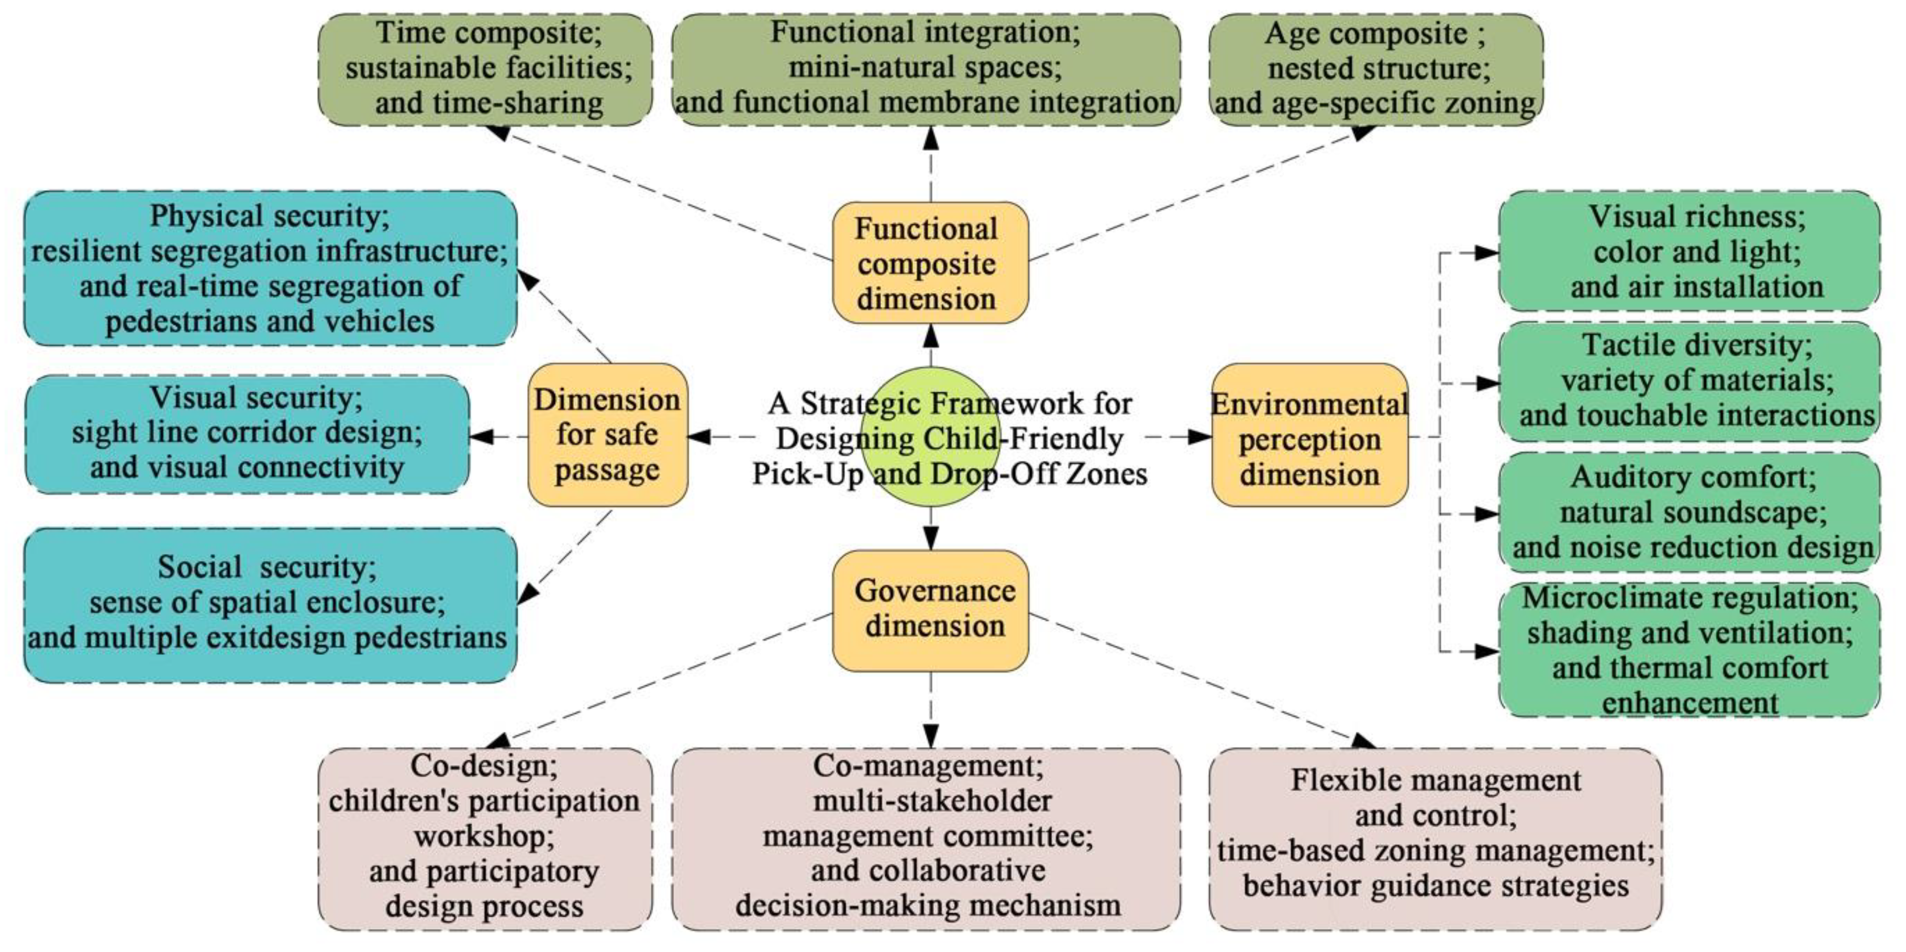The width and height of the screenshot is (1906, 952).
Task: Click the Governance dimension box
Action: [x=930, y=610]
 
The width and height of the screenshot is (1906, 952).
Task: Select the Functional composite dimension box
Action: [x=930, y=262]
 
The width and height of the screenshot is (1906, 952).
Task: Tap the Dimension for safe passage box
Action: [x=607, y=435]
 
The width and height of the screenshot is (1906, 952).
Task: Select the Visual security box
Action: [x=247, y=434]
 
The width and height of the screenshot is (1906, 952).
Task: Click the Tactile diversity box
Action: [x=1689, y=381]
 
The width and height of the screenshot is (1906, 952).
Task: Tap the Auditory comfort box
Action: [x=1689, y=512]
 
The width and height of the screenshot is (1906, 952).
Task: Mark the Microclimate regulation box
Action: [x=1689, y=649]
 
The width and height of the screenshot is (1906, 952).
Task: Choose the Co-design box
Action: [x=485, y=838]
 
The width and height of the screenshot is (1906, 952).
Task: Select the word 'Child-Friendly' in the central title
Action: [x=1036, y=439]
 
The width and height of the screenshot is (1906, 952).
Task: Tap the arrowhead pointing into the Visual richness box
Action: [x=1487, y=253]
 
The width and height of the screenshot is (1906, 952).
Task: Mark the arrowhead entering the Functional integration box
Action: [x=931, y=138]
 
